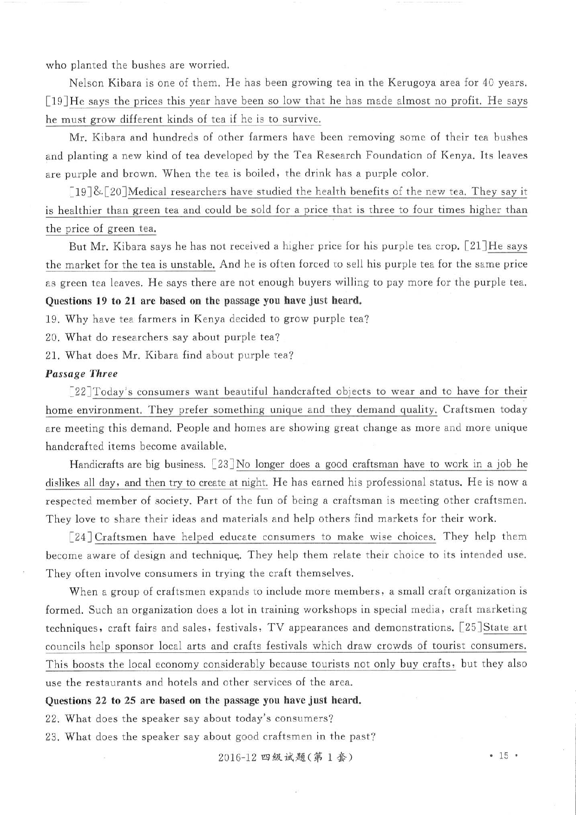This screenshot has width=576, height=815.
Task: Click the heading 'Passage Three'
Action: [81, 374]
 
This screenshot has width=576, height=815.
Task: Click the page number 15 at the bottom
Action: [504, 756]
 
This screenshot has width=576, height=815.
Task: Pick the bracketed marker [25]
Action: [470, 628]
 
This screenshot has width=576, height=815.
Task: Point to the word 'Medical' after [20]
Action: [147, 192]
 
